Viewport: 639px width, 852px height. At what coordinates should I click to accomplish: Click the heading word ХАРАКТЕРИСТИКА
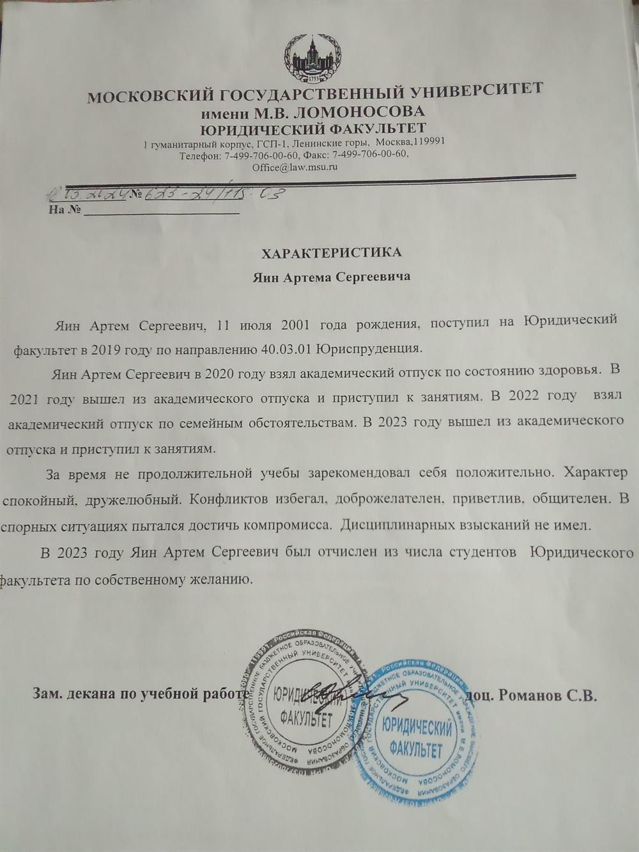coord(332,252)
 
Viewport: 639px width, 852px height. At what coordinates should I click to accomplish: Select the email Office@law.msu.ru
coord(295,167)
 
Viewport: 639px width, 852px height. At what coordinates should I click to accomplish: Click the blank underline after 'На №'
coord(161,212)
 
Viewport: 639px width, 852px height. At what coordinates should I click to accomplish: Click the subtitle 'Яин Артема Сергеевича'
coord(331,277)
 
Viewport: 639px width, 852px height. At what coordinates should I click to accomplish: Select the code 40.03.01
coord(287,349)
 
